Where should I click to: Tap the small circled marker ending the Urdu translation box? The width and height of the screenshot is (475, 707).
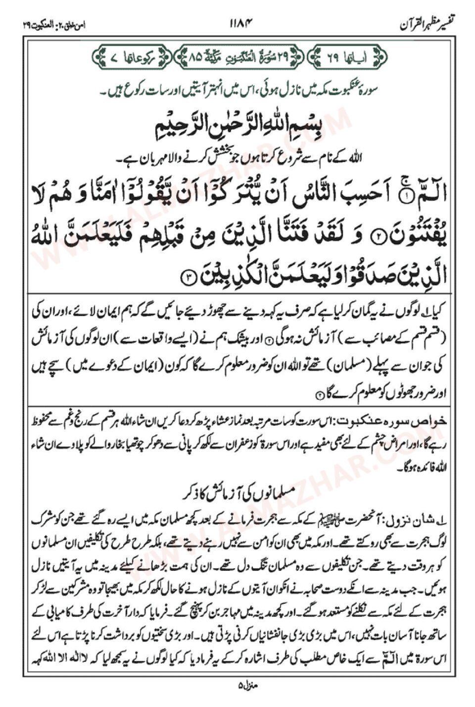pos(319,394)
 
